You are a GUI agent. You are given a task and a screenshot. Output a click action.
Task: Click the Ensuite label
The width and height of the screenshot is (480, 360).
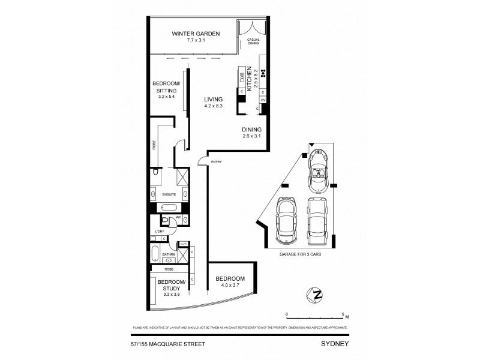point(170,194)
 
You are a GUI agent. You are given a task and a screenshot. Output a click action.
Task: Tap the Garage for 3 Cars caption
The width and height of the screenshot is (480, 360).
point(302,254)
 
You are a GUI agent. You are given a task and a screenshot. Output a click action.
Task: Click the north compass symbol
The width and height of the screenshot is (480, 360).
point(312,295)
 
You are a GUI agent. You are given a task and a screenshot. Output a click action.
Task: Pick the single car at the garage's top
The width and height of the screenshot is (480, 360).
point(317,169)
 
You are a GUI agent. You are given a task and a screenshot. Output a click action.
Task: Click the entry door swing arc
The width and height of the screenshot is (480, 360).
point(203,159)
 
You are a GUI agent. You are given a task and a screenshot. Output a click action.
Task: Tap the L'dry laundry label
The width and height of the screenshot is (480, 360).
point(160,231)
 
